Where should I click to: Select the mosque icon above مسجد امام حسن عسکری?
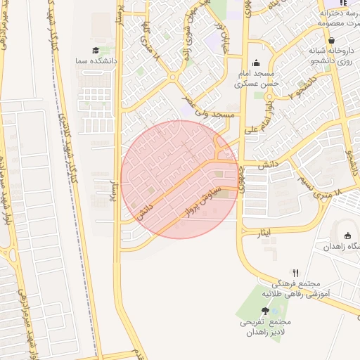pos(256,62)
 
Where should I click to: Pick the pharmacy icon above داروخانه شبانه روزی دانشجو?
pos(330,39)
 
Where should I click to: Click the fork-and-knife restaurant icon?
pos(296,273)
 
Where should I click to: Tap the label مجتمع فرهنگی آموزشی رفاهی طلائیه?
pos(296,288)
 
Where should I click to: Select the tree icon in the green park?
pos(265,310)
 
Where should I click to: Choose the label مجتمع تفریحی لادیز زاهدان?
pos(264,327)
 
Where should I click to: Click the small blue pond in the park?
pos(274,310)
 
